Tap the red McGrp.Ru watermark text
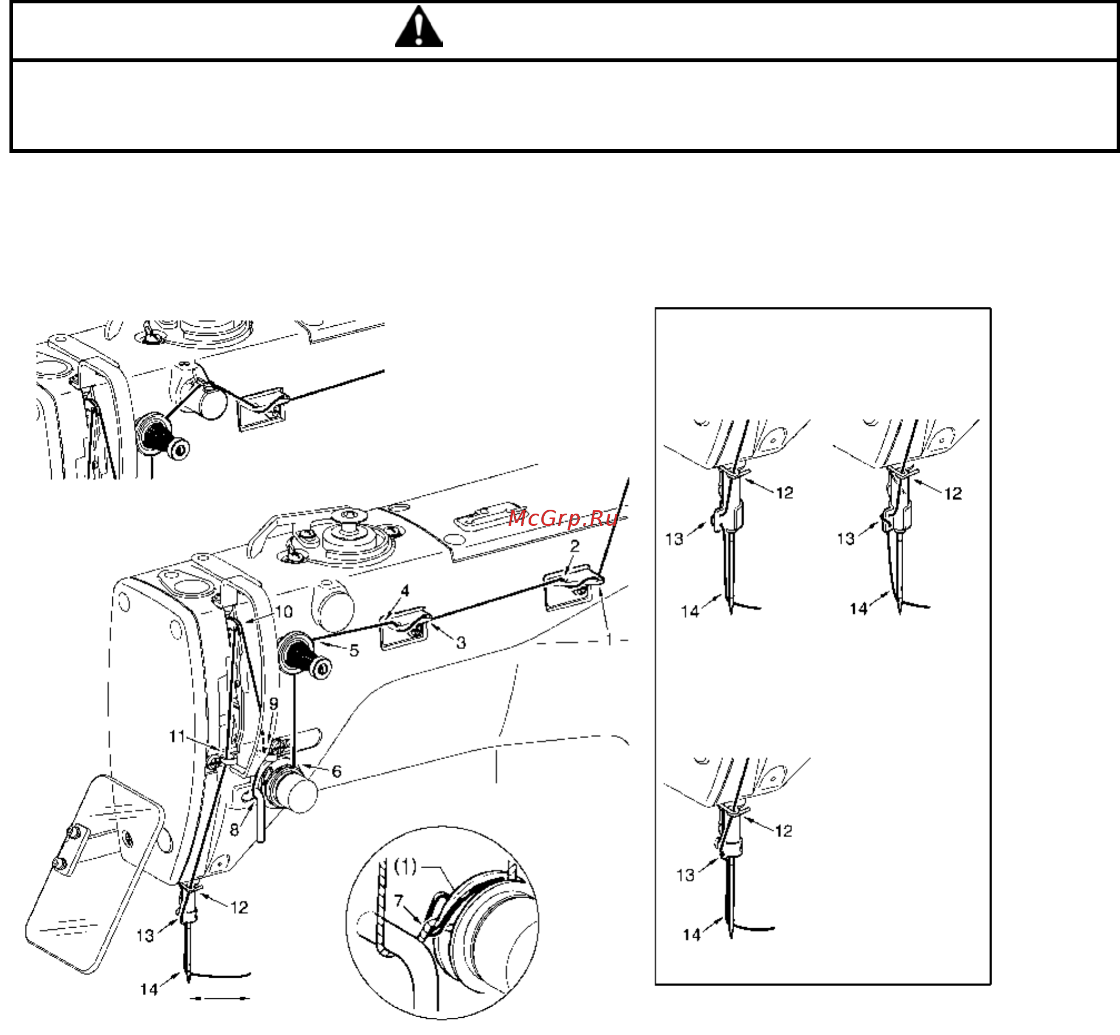(x=563, y=519)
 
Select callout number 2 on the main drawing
(x=575, y=546)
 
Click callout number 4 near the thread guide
(x=405, y=590)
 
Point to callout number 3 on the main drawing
(x=461, y=643)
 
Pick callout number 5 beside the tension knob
(x=354, y=650)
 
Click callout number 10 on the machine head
(x=283, y=611)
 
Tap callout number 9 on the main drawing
(x=273, y=704)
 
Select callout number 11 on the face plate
(x=177, y=736)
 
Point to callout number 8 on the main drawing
(x=234, y=829)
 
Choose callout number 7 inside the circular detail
(x=398, y=900)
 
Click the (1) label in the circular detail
(x=405, y=867)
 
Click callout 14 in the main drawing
(x=149, y=989)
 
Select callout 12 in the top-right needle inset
(x=953, y=494)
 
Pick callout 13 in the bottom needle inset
(x=685, y=875)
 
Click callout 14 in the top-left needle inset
(x=690, y=610)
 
